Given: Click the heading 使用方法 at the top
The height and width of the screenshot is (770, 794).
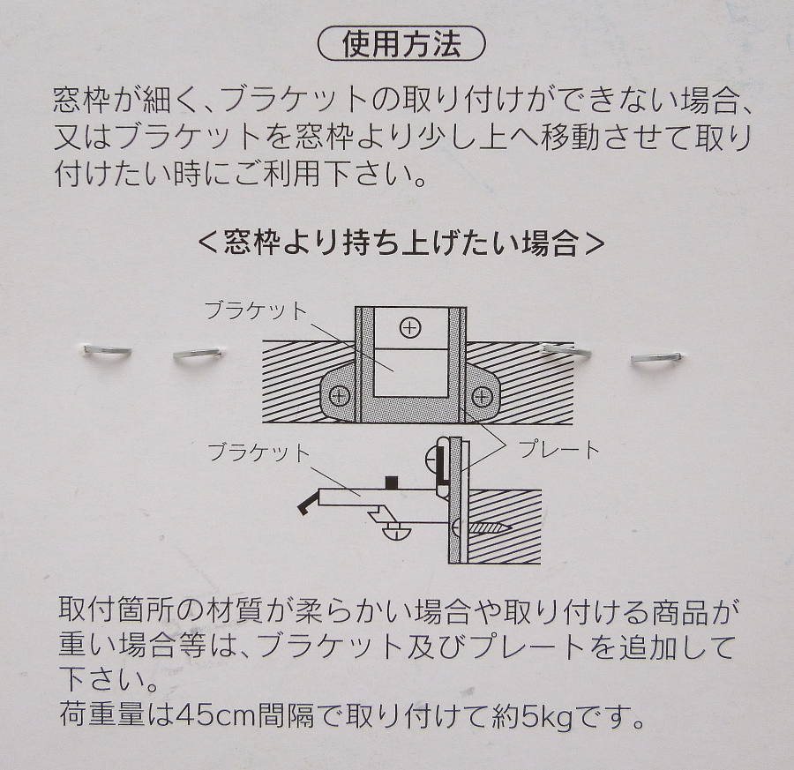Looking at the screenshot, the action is point(401,45).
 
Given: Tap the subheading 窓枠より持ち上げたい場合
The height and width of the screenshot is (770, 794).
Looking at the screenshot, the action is point(401,244).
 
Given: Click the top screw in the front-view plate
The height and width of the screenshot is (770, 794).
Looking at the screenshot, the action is point(410,328).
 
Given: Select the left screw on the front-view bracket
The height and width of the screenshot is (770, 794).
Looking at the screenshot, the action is point(340,397).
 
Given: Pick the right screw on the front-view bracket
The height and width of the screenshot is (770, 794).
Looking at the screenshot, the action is point(482,398).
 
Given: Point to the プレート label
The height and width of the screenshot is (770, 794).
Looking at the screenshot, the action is point(559,449).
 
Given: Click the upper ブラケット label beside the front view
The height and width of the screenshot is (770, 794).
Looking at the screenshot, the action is point(256,310).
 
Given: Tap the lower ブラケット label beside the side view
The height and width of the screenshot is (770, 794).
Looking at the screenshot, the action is point(258,452).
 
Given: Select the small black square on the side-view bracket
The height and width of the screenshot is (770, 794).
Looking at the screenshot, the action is point(391,483).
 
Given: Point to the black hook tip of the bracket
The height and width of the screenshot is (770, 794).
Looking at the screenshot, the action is point(306,505).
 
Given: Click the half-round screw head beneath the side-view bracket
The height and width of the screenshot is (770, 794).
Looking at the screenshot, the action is point(396,533).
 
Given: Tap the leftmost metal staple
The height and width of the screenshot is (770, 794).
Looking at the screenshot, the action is point(108,351).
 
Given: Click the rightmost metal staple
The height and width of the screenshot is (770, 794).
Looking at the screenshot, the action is point(656,358).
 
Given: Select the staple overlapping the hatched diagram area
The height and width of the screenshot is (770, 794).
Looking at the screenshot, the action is point(566,350).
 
